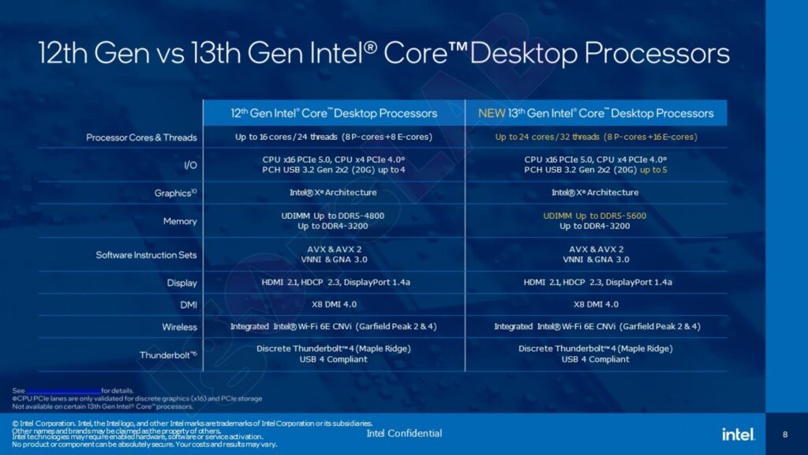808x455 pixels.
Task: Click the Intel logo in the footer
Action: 738,434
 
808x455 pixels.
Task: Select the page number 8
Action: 784,434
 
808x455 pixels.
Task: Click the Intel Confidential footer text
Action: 404,433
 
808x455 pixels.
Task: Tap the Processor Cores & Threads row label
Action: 141,137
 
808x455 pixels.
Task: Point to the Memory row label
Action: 180,221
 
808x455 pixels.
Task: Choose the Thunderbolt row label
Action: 168,355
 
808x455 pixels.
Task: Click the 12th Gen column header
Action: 334,113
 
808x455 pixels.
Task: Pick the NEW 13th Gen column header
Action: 596,113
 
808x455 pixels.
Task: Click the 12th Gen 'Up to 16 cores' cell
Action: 334,137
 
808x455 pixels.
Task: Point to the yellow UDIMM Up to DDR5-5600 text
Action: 596,215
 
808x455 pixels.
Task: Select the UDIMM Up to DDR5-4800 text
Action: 334,215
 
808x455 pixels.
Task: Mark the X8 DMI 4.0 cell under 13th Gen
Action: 596,304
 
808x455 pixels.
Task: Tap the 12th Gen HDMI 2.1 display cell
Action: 334,282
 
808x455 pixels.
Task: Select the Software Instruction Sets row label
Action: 146,255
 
